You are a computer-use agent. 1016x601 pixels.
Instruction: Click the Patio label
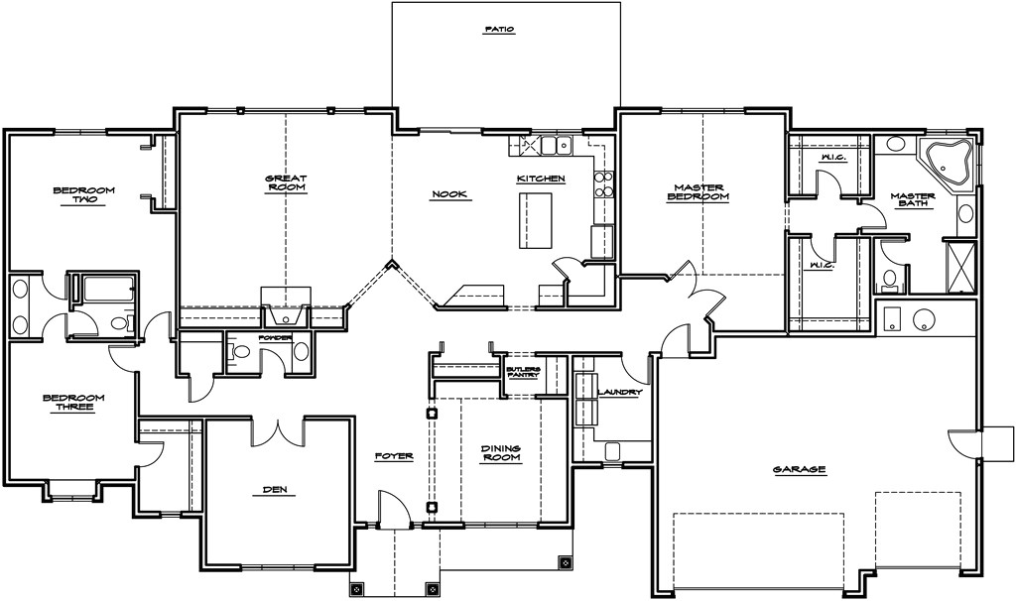(499, 30)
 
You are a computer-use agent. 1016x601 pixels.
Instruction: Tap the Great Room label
(285, 182)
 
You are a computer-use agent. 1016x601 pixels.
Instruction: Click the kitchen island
(535, 220)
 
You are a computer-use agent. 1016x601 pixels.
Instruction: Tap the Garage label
(800, 469)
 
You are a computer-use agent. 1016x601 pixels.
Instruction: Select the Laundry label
(620, 393)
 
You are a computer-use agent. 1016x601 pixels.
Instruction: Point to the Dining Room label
(501, 452)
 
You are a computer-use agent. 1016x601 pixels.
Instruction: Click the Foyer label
(394, 456)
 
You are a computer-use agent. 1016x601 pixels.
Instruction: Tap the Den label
(277, 489)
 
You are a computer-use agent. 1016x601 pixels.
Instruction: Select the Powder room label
(274, 338)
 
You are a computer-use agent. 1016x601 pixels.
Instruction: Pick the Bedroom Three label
(73, 402)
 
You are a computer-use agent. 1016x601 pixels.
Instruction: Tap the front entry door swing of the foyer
(395, 506)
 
